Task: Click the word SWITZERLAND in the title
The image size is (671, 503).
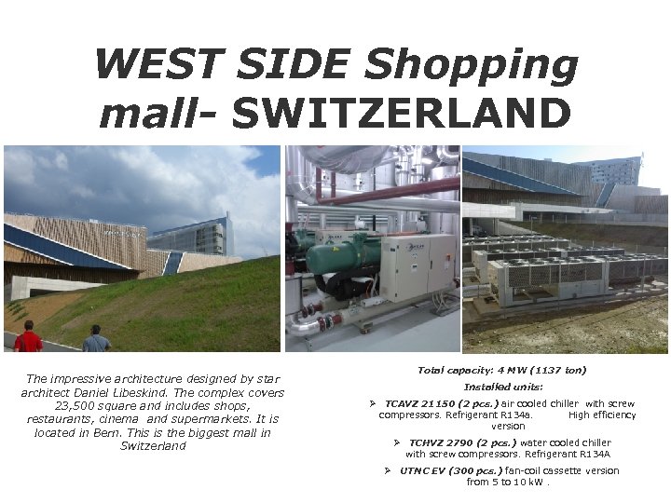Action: [401, 114]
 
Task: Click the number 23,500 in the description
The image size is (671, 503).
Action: [77, 406]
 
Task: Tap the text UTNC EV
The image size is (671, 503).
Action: [423, 470]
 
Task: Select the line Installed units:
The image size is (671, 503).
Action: [503, 387]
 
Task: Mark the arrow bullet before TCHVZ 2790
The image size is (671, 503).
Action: [397, 442]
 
